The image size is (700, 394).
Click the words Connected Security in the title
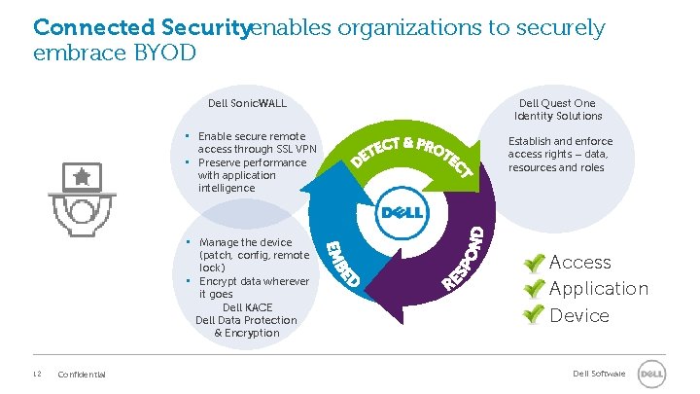pyautogui.click(x=141, y=27)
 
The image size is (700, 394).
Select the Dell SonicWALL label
pyautogui.click(x=247, y=103)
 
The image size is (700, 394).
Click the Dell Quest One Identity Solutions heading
pyautogui.click(x=557, y=109)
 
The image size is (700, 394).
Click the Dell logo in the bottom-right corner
pyautogui.click(x=650, y=375)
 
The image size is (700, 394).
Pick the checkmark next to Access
pyautogui.click(x=532, y=263)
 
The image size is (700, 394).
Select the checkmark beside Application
pyautogui.click(x=532, y=289)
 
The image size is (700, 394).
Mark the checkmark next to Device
pyautogui.click(x=532, y=315)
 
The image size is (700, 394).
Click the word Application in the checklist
pyautogui.click(x=598, y=289)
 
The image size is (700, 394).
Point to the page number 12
pyautogui.click(x=36, y=375)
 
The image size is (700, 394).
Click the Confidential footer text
pyautogui.click(x=83, y=375)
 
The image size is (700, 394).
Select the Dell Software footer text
pyautogui.click(x=600, y=374)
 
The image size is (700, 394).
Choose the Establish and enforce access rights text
pyautogui.click(x=560, y=154)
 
